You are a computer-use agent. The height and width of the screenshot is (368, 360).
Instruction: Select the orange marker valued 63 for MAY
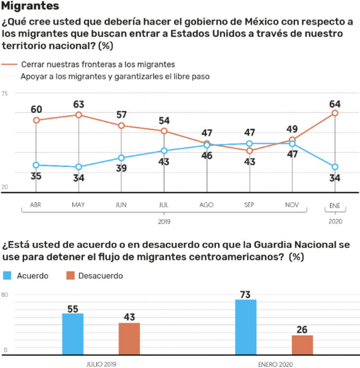(79, 115)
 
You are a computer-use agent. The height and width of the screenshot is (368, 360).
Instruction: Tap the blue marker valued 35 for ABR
(36, 165)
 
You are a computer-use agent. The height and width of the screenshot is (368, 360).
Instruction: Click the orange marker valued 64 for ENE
(334, 113)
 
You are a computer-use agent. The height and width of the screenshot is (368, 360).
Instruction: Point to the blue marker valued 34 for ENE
(334, 167)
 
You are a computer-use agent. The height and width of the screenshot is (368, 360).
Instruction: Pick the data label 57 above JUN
(121, 114)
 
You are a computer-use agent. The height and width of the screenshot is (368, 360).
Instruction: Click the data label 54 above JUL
(164, 120)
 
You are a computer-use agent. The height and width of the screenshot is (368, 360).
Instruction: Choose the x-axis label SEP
(250, 205)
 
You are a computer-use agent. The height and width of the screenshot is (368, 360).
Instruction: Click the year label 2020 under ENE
(335, 222)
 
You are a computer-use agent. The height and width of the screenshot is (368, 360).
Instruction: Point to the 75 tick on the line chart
(5, 93)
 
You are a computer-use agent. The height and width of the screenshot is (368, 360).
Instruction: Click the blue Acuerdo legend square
(7, 275)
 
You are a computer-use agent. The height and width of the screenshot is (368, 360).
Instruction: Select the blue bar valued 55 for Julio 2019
(73, 331)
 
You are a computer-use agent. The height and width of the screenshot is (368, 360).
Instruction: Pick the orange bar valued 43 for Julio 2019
(129, 336)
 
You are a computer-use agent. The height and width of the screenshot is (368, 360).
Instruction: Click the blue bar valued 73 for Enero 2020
(246, 324)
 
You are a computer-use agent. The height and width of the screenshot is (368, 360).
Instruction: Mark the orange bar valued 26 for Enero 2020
(302, 342)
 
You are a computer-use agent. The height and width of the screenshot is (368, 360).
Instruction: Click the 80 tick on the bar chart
(5, 295)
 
